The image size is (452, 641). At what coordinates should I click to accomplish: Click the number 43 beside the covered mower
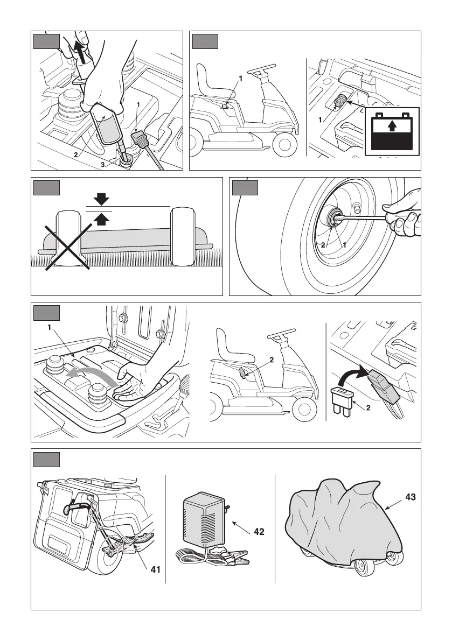pyautogui.click(x=410, y=498)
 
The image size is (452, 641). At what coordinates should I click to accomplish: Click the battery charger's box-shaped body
pyautogui.click(x=204, y=519)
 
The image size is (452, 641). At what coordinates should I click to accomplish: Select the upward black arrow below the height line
pyautogui.click(x=101, y=217)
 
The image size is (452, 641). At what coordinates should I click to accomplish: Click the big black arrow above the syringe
pyautogui.click(x=80, y=51)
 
